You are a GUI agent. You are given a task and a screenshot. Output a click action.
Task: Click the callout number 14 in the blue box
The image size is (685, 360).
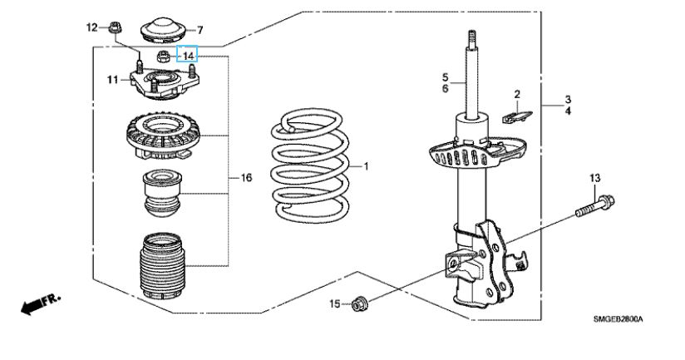click(188, 56)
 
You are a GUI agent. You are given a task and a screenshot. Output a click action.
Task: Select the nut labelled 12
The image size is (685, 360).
click(115, 27)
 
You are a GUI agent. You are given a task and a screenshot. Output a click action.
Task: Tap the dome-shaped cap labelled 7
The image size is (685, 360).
click(163, 30)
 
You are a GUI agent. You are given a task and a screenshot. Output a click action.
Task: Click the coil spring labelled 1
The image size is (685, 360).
click(310, 167)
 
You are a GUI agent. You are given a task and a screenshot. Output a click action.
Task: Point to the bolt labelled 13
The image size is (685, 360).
click(594, 207)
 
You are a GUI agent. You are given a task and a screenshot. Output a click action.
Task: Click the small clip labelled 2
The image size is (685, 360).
click(517, 117)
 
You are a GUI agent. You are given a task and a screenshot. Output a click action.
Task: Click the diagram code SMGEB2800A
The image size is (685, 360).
click(618, 319)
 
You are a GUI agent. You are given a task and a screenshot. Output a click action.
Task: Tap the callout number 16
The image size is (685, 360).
click(246, 177)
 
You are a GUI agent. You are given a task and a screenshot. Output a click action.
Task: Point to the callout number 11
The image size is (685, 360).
click(113, 80)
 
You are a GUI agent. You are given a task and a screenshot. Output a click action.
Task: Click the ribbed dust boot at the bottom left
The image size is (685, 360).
click(162, 267)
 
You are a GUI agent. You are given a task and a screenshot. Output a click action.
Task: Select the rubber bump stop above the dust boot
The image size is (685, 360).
click(162, 193)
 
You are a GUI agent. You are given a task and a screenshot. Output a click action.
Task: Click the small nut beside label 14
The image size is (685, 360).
click(163, 56)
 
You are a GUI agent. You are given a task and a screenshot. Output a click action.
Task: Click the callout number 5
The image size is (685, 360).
click(445, 77)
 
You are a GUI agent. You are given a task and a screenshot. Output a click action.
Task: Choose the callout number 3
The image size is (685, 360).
click(568, 100)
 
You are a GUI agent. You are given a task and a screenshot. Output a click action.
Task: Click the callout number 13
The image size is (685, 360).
click(595, 178)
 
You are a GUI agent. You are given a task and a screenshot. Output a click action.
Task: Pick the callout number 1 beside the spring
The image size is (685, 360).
click(366, 166)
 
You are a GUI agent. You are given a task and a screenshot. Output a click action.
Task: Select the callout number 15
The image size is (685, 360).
click(335, 303)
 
